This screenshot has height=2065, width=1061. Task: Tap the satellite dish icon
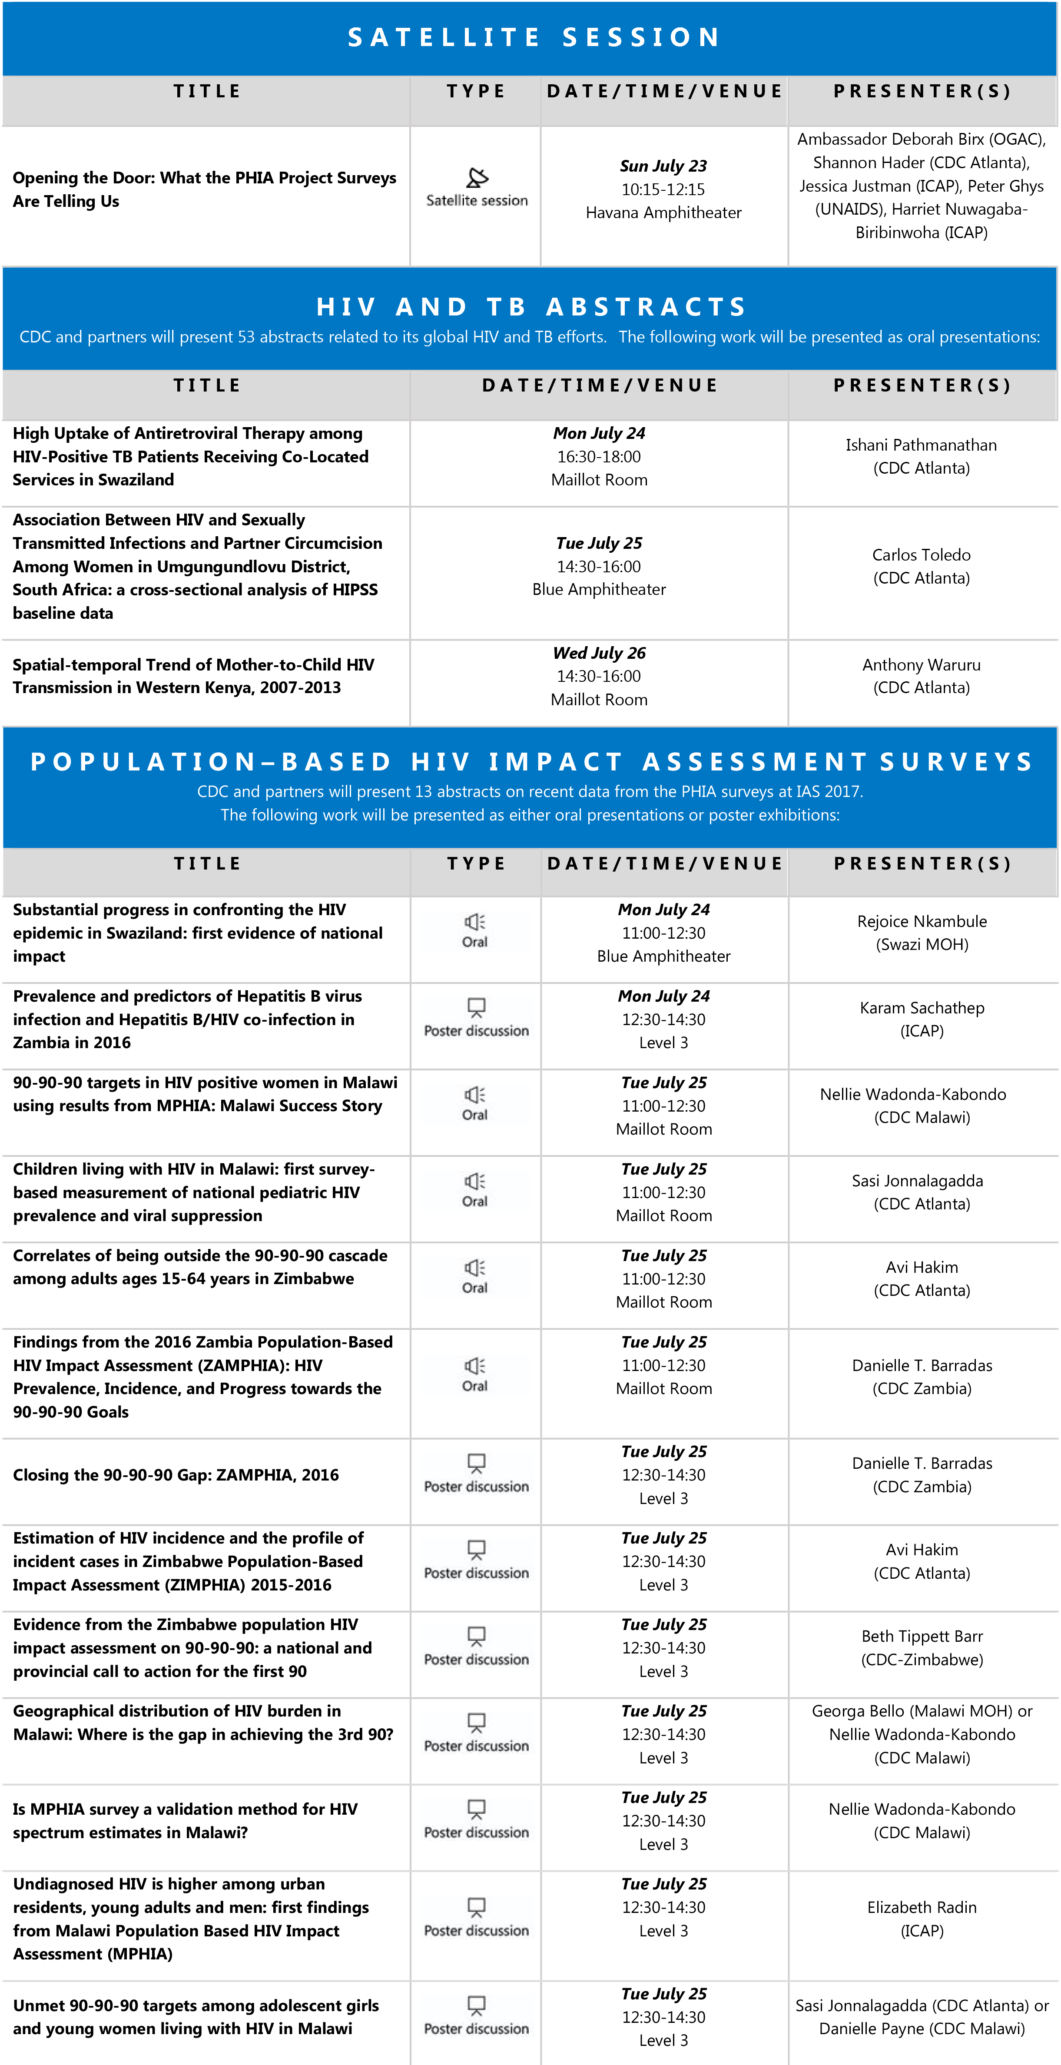coord(477,177)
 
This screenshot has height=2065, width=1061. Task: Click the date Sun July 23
coord(663,166)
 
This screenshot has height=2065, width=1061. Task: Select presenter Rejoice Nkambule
coord(922,922)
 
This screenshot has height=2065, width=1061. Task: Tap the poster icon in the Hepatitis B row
coord(477,1007)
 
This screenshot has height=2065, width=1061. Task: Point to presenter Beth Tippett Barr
coord(922,1636)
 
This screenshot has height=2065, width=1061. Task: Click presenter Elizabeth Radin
coord(922,1907)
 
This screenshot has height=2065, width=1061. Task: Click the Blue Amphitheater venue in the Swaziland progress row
coord(663,956)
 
